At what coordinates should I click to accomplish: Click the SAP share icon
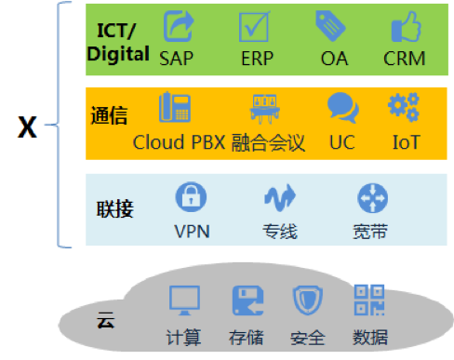tap(178, 27)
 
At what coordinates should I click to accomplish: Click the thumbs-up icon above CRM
tap(405, 27)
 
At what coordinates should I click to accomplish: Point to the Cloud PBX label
tap(179, 144)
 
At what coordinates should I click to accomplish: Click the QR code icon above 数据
tap(370, 300)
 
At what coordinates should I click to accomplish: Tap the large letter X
tap(28, 127)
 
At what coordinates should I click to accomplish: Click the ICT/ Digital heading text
tap(118, 42)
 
